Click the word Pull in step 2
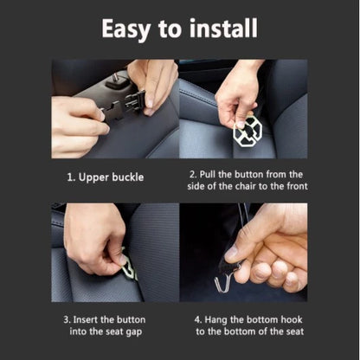tap(213, 174)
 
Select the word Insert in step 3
tap(91, 319)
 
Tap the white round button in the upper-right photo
tap(247, 130)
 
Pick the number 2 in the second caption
tap(192, 174)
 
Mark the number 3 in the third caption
tap(66, 319)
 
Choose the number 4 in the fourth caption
tap(198, 319)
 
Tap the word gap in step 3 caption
tap(133, 331)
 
